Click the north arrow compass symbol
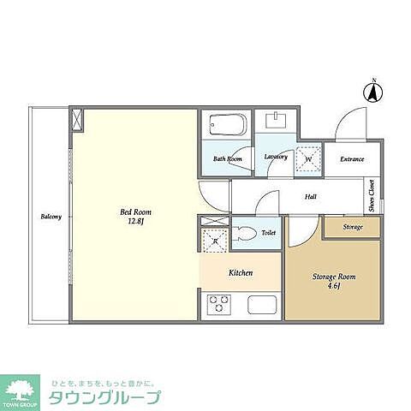[374, 91]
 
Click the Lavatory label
[276, 157]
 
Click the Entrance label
[352, 159]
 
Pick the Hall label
[312, 196]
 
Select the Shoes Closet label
[371, 196]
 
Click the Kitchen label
[240, 273]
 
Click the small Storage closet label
[352, 227]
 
